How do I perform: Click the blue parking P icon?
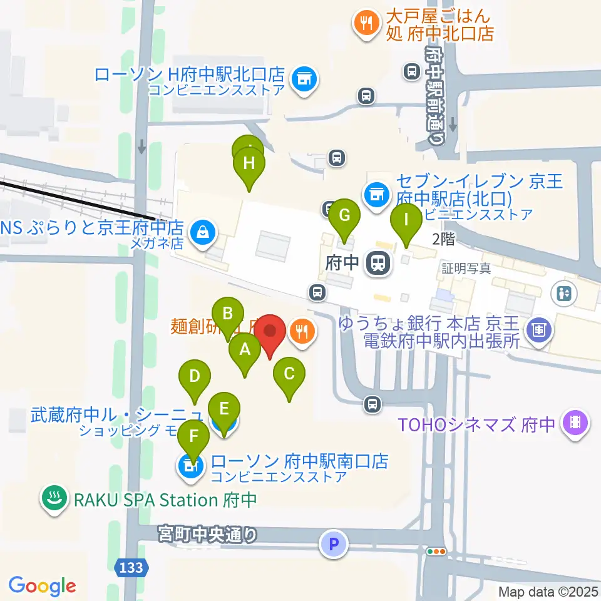point(333,544)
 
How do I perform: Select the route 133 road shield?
point(133,568)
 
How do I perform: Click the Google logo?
point(42,586)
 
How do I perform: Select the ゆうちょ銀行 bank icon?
point(538,327)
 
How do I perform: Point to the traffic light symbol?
point(436,552)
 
